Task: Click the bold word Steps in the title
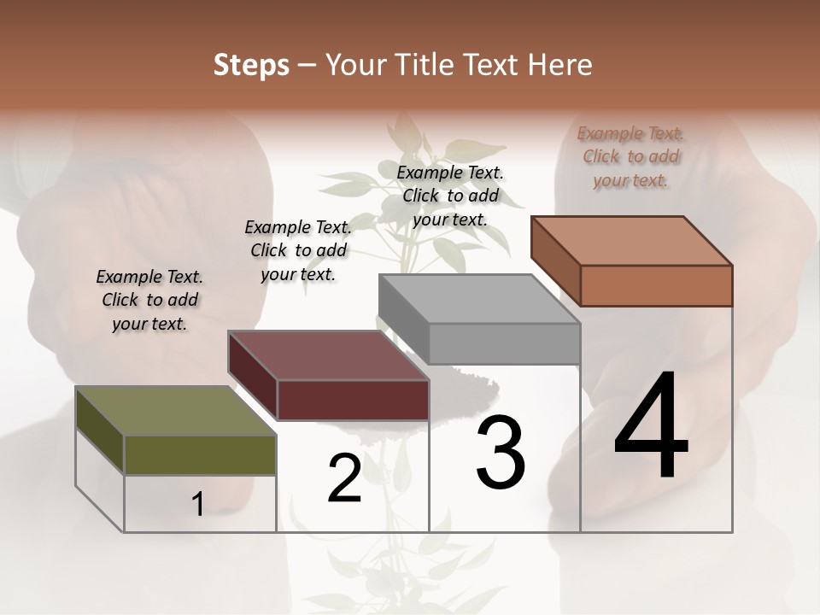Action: (251, 65)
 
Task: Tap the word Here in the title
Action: (559, 65)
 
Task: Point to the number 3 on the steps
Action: (501, 453)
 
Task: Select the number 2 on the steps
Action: (345, 478)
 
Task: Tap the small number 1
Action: (198, 505)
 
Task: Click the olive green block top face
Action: (175, 411)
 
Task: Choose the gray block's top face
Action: (478, 300)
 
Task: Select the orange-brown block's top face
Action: (632, 241)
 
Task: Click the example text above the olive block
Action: (149, 300)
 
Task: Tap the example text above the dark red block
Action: (298, 250)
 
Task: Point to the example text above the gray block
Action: (450, 196)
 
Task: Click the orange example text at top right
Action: (630, 156)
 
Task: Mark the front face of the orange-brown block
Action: (656, 285)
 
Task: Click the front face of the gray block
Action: (504, 344)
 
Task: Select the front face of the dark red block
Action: (353, 400)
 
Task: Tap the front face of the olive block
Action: (200, 454)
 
